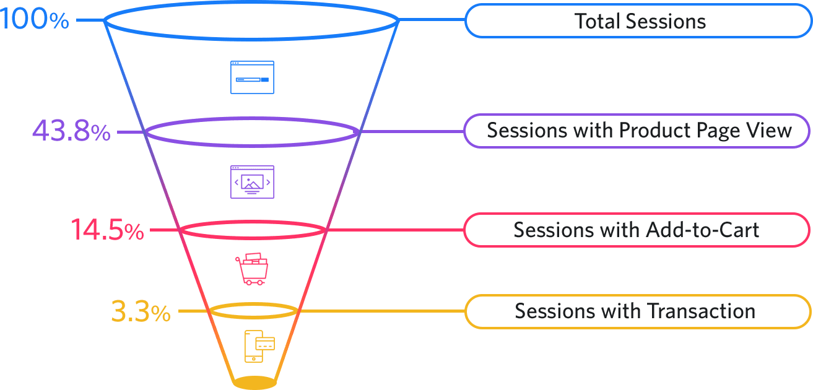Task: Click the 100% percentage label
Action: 34,20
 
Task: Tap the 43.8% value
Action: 71,132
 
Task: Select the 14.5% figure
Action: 107,230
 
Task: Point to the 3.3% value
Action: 141,311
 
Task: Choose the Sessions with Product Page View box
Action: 637,131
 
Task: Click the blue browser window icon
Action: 252,77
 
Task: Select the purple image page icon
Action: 252,181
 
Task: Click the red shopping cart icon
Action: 253,268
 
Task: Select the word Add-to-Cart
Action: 702,230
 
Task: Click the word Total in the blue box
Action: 597,21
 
